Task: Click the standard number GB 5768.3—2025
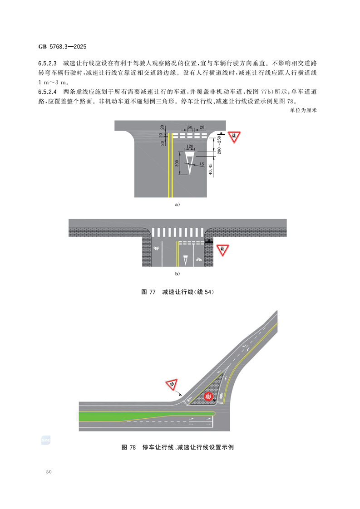62,47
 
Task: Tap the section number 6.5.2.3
47,64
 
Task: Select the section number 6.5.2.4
47,92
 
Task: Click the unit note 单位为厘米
303,110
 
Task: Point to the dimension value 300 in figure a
177,163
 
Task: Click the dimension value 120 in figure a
190,147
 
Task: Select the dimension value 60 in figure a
190,127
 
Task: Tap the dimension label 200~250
219,145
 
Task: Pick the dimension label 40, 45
211,169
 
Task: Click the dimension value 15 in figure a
202,164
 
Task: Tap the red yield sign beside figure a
234,137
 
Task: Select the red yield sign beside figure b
222,250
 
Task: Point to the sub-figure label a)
178,205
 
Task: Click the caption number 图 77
148,292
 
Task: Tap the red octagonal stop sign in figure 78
208,396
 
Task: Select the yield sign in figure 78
171,385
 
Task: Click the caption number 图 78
128,447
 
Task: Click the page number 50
49,472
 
